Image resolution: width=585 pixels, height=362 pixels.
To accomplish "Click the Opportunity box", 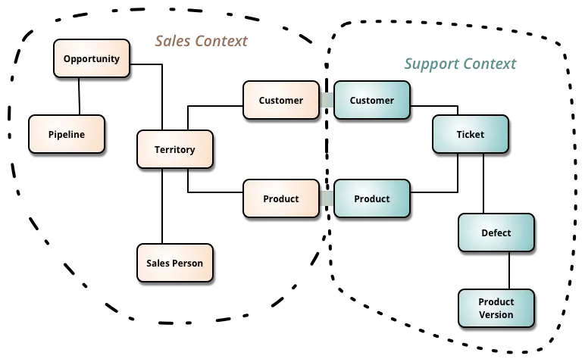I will click(x=92, y=59).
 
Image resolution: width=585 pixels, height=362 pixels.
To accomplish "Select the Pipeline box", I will click(x=67, y=135).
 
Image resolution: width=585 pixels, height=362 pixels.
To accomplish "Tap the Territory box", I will click(x=175, y=149).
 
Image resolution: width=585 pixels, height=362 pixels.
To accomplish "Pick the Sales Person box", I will click(x=175, y=264).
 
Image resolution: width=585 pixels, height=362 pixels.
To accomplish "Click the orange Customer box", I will click(x=281, y=100).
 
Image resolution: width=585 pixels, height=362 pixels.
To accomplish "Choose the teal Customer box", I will click(x=372, y=100).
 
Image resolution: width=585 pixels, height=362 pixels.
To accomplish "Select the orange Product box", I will click(x=281, y=198).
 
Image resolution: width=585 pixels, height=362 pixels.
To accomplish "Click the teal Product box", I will click(x=372, y=198).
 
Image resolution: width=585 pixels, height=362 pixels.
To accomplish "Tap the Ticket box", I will click(x=471, y=135).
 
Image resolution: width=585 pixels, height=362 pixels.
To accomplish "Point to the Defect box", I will click(x=496, y=232).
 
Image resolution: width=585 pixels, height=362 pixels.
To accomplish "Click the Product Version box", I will click(x=496, y=308).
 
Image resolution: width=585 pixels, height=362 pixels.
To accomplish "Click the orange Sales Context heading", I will click(x=201, y=41).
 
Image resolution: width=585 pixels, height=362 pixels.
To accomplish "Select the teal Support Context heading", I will click(x=458, y=64).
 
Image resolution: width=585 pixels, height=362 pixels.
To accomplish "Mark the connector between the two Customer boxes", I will click(x=327, y=100).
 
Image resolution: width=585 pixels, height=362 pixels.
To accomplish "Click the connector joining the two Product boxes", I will click(x=327, y=198).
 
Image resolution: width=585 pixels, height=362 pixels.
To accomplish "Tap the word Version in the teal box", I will click(x=496, y=315).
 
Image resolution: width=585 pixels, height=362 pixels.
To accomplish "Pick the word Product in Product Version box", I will click(x=496, y=302).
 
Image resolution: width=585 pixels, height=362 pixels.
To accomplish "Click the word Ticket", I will click(x=471, y=135).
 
